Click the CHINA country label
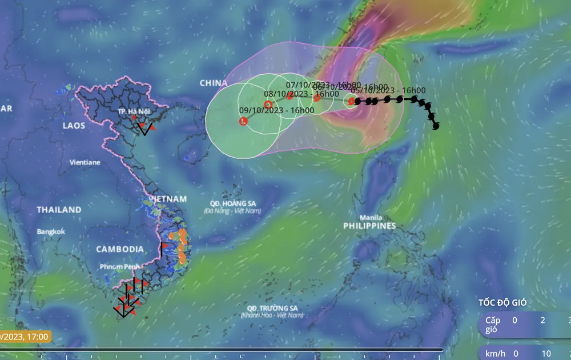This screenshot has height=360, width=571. coord(214,83)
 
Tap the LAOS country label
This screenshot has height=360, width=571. coord(74,126)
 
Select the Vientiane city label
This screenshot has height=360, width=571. coord(85,162)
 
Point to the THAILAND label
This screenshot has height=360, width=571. coord(59,210)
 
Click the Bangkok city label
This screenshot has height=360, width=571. coord(51,231)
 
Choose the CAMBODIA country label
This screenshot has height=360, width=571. coord(120,249)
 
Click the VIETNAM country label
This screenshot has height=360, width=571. coord(167,199)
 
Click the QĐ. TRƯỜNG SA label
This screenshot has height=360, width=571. coord(271,308)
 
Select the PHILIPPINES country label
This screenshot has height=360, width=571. coord(369,226)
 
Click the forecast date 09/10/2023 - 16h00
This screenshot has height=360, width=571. coord(276,110)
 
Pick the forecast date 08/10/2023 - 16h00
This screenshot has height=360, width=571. coord(301,94)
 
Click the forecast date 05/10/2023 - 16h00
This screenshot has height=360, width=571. coord(388,90)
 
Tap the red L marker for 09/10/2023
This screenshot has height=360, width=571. coord(244,121)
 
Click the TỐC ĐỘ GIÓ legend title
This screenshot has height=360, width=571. coord(502,303)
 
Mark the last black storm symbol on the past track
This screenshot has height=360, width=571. coord(437,126)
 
